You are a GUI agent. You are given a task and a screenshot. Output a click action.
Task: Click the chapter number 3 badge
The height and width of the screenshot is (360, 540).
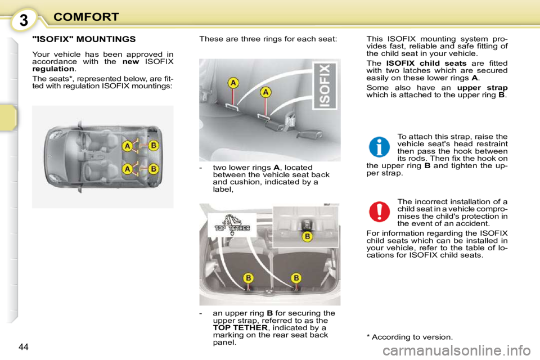click(24, 20)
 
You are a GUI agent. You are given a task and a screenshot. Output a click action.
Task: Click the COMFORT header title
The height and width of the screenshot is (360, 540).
click(86, 17)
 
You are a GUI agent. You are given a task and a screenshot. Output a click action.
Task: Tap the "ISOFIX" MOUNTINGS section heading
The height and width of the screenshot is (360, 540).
click(84, 39)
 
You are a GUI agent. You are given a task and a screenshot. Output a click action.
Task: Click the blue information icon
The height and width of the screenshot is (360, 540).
click(380, 146)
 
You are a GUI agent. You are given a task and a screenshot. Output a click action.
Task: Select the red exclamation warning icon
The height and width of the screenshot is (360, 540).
click(380, 211)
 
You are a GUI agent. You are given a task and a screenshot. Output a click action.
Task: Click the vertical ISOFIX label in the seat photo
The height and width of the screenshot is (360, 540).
click(325, 86)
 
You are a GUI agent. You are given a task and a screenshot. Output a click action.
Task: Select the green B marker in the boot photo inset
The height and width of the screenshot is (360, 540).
click(308, 237)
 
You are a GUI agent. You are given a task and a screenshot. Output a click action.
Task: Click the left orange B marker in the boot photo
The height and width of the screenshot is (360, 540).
click(248, 278)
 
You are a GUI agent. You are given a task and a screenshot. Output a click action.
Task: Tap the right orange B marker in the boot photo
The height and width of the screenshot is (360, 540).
click(296, 278)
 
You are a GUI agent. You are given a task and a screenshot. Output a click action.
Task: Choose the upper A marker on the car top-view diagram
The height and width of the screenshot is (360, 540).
click(128, 147)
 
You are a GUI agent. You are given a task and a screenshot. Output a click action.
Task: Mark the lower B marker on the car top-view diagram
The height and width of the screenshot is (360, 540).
click(153, 168)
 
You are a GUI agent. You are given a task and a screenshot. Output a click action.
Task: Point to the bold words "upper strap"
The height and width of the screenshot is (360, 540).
click(482, 88)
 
